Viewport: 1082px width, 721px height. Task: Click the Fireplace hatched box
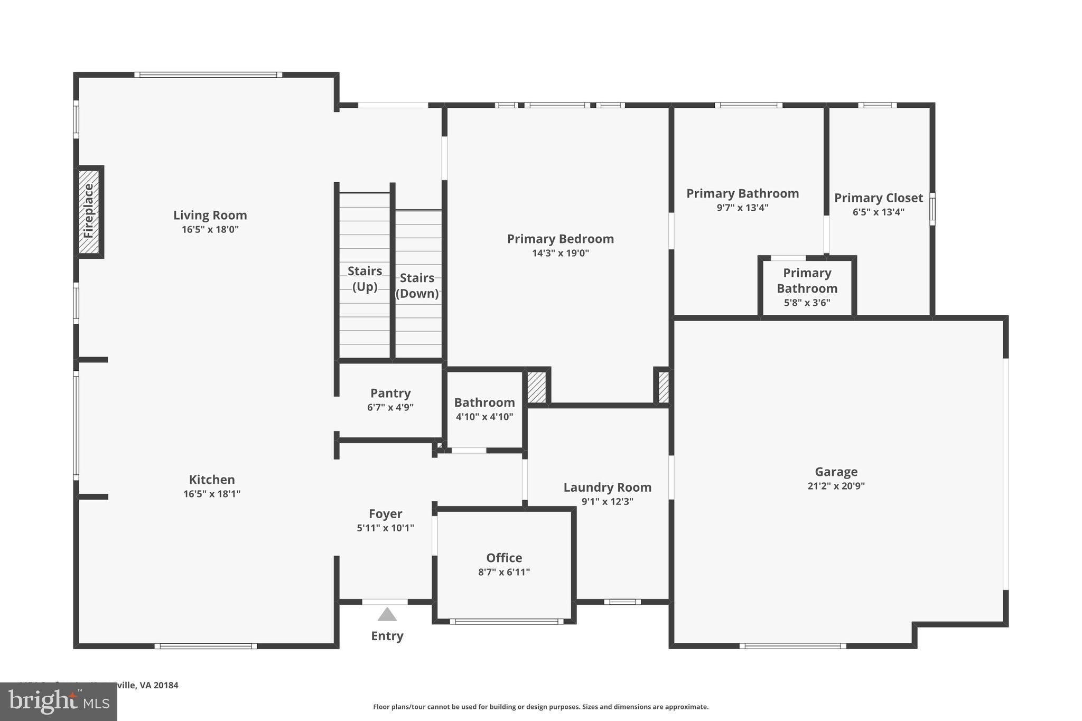point(89,211)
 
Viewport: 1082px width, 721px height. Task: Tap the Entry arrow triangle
point(387,615)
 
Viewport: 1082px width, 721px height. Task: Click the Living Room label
point(210,216)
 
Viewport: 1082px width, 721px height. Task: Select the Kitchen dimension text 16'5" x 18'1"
point(212,494)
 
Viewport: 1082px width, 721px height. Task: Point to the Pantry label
point(390,393)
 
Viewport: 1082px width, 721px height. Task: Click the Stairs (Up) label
point(365,278)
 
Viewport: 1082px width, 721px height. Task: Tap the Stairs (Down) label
point(417,285)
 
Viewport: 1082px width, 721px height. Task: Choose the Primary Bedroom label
point(560,239)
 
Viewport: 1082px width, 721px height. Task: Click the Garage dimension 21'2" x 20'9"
point(836,486)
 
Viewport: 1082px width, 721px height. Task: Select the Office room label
point(504,558)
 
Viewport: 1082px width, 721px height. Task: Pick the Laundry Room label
point(607,488)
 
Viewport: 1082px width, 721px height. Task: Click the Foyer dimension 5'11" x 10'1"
point(385,528)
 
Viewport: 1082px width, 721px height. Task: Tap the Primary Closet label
point(878,198)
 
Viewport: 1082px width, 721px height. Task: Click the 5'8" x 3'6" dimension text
point(807,303)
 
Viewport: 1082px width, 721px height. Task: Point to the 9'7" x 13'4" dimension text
point(742,208)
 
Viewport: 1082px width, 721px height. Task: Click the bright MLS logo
point(59,701)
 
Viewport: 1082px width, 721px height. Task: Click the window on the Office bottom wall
point(507,622)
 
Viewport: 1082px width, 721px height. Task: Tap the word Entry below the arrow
point(387,636)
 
